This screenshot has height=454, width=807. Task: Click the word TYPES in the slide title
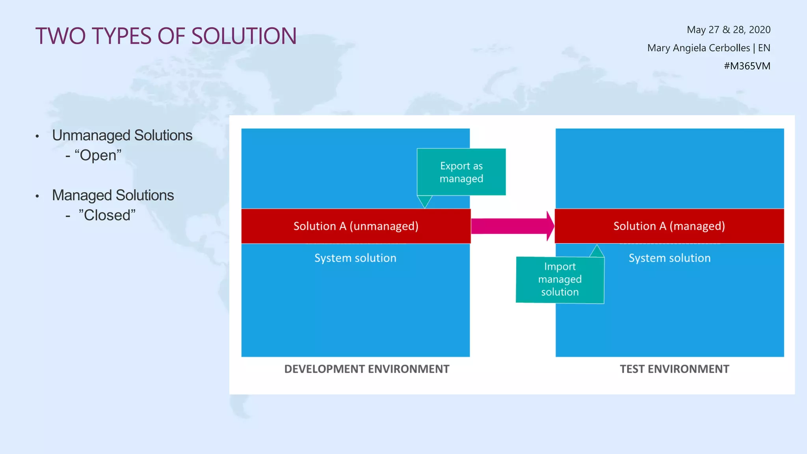[121, 36]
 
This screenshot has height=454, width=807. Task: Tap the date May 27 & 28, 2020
[728, 30]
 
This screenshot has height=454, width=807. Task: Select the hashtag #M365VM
[747, 66]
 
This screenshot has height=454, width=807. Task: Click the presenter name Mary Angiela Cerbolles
[698, 48]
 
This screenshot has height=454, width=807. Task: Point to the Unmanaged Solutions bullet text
[122, 135]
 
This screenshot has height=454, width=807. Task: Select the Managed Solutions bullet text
[113, 195]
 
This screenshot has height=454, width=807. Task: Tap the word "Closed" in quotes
[107, 215]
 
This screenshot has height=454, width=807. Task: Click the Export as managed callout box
[461, 172]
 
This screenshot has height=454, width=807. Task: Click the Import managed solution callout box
[560, 279]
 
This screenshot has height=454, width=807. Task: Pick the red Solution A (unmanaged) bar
[355, 226]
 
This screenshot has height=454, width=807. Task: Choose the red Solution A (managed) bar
[669, 226]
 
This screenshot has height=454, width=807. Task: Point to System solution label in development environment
[355, 258]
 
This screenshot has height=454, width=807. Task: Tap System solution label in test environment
[669, 258]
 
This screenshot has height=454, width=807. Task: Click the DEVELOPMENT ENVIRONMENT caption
[366, 369]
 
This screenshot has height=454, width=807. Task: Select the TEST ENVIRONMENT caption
[674, 369]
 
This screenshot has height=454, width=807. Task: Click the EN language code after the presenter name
[764, 48]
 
